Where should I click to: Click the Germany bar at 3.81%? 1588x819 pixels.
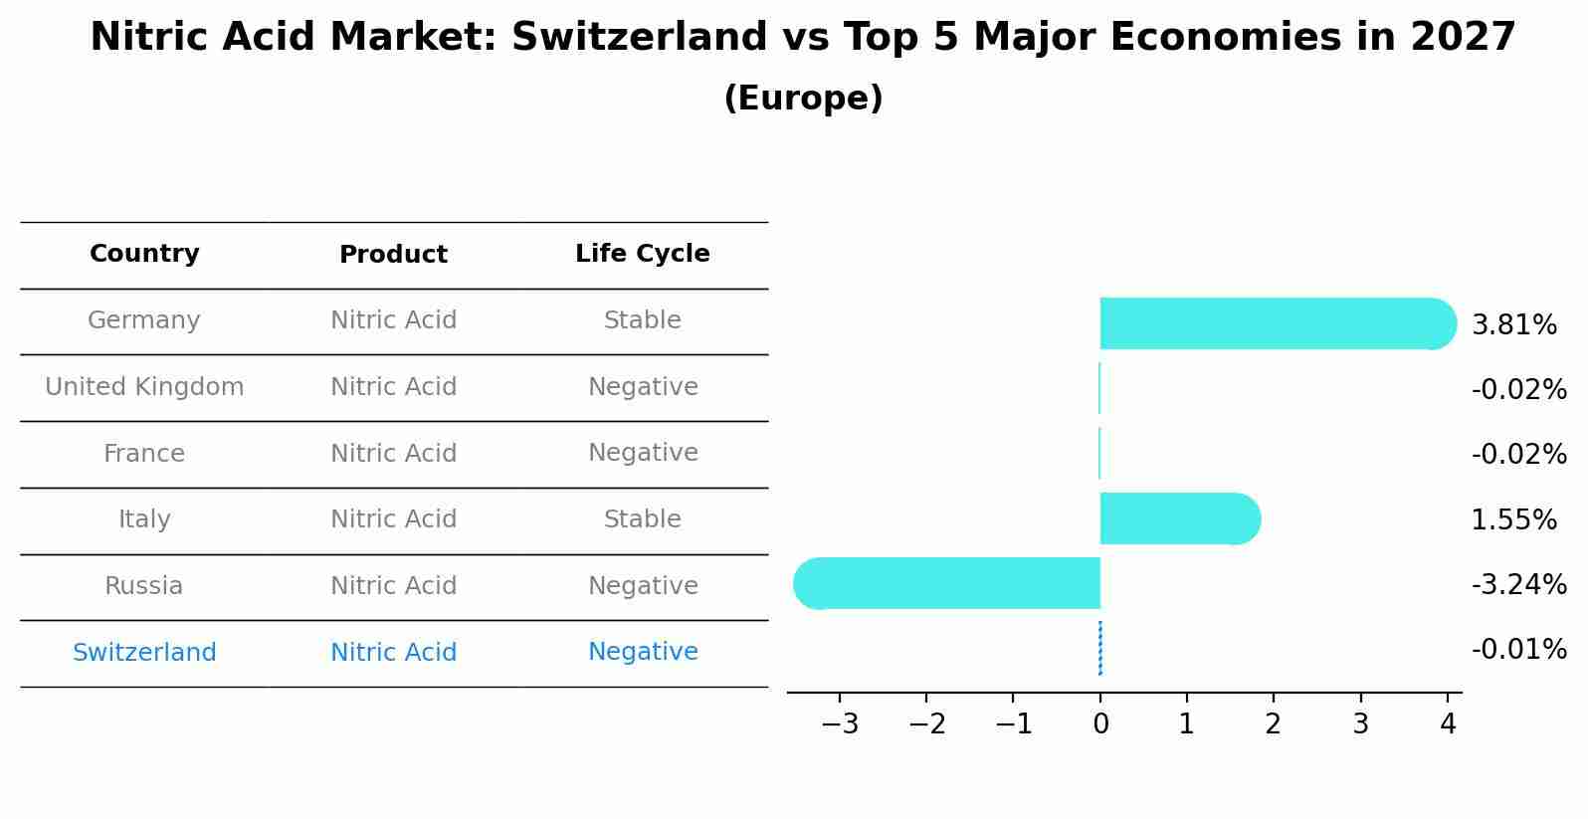pyautogui.click(x=1274, y=323)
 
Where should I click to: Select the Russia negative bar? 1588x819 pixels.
pyautogui.click(x=950, y=583)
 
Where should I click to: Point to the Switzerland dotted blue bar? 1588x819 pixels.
pyautogui.click(x=1099, y=649)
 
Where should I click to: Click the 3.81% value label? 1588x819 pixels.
pyautogui.click(x=1513, y=325)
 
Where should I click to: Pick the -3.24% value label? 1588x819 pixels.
pyautogui.click(x=1518, y=584)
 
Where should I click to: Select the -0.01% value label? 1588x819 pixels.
pyautogui.click(x=1518, y=650)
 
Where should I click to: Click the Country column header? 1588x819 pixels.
pyautogui.click(x=144, y=254)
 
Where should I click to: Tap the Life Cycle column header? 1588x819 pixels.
pyautogui.click(x=642, y=254)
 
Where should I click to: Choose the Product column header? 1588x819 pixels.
pyautogui.click(x=393, y=255)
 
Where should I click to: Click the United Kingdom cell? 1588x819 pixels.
pyautogui.click(x=144, y=387)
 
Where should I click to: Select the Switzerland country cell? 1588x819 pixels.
pyautogui.click(x=144, y=653)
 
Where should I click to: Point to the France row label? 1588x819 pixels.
pyautogui.click(x=144, y=454)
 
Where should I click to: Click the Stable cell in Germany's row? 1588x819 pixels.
pyautogui.click(x=642, y=320)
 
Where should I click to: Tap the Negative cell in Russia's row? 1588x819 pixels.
pyautogui.click(x=642, y=586)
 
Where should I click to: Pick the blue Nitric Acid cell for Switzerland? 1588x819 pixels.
pyautogui.click(x=393, y=653)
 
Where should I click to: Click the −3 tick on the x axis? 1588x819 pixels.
pyautogui.click(x=839, y=724)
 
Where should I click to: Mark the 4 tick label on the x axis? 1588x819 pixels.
pyautogui.click(x=1448, y=724)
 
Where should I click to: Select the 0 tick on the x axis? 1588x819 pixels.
pyautogui.click(x=1100, y=724)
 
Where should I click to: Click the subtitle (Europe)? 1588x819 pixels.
pyautogui.click(x=803, y=99)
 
